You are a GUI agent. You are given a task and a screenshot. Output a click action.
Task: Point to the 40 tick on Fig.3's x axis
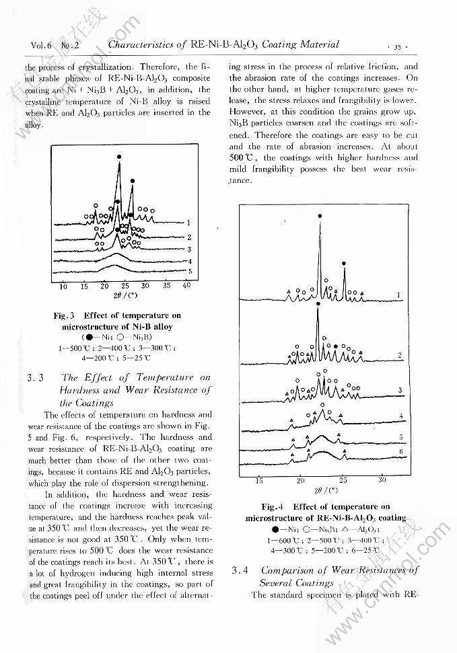[186, 286]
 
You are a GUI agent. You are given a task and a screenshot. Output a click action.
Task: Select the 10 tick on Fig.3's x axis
[64, 286]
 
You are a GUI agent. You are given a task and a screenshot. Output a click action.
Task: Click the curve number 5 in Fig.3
[190, 272]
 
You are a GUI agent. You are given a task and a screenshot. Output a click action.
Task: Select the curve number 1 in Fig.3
[190, 223]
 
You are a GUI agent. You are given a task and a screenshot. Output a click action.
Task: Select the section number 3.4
[240, 571]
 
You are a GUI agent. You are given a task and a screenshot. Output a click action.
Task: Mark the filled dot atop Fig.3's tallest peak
[119, 157]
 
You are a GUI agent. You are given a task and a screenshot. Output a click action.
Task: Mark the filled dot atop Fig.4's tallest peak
[320, 216]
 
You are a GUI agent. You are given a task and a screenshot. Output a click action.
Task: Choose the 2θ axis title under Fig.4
[320, 490]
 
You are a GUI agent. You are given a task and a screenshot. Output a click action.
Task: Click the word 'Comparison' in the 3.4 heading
[289, 571]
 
